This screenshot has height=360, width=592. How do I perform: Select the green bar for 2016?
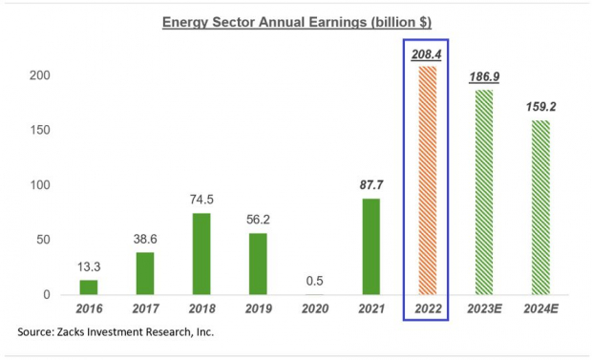(88, 286)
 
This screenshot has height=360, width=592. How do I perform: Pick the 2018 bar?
(202, 253)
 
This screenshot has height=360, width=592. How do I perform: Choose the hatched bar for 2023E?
(483, 191)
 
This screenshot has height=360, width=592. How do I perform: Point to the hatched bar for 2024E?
(539, 206)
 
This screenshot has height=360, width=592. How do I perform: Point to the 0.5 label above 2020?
(314, 281)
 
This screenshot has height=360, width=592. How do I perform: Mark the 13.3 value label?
(89, 266)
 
